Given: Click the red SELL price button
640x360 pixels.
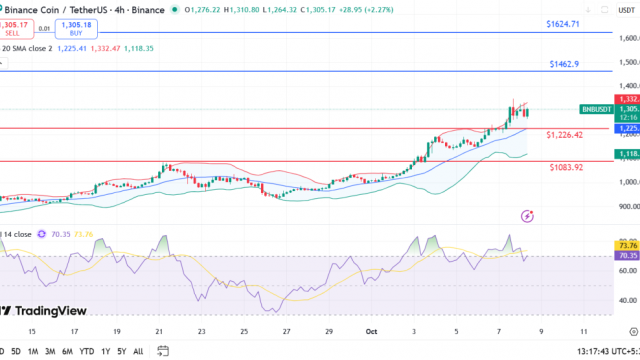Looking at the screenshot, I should [x=18, y=27].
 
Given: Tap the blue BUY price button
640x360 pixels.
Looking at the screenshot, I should [x=77, y=27].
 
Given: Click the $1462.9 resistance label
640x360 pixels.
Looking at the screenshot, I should [x=564, y=64].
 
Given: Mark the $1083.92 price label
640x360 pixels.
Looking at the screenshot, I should [x=566, y=167].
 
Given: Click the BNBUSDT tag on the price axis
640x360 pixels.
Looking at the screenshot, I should [x=599, y=109].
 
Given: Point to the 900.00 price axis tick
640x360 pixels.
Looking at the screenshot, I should [x=628, y=207].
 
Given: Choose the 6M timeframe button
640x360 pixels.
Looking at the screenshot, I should [x=67, y=351].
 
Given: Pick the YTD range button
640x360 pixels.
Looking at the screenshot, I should [x=87, y=351].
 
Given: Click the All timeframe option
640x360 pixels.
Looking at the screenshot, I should [x=138, y=351].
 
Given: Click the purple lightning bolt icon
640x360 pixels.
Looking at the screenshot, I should [x=527, y=215].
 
